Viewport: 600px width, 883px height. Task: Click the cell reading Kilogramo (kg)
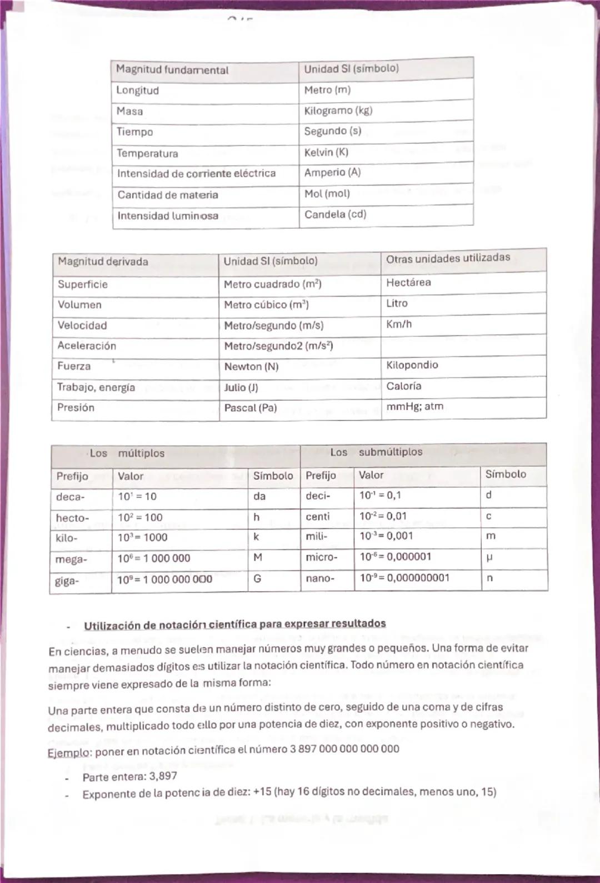click(338, 110)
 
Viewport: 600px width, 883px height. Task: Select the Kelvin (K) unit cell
click(326, 152)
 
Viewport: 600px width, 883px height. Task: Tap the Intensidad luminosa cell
click(168, 216)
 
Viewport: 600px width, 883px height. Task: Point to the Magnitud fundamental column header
click(172, 70)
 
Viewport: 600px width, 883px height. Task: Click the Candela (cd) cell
click(335, 214)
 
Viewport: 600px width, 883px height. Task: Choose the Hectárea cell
click(408, 282)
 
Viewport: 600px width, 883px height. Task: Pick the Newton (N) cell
click(251, 366)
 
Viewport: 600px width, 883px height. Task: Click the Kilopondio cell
click(412, 365)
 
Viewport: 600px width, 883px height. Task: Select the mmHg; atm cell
click(414, 406)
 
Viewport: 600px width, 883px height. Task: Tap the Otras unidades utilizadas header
click(448, 258)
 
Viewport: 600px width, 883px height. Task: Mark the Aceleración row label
click(87, 346)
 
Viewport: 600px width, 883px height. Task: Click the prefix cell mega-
click(71, 559)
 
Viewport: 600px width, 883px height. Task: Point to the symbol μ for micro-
click(489, 557)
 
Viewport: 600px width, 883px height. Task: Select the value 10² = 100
click(140, 517)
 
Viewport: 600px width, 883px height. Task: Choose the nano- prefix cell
click(320, 578)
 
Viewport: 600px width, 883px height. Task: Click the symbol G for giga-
click(257, 579)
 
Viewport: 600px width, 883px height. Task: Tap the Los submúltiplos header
click(376, 452)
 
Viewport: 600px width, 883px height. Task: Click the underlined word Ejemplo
click(69, 753)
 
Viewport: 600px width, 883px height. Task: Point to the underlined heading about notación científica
click(234, 624)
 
